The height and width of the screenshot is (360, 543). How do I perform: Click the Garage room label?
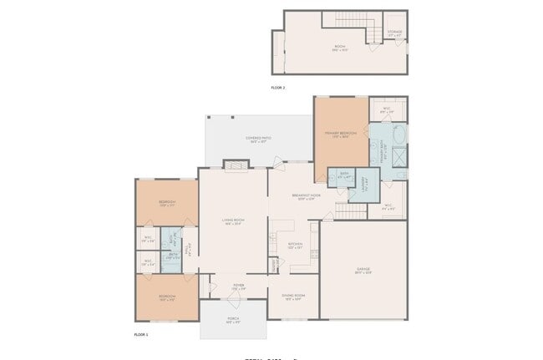(363, 269)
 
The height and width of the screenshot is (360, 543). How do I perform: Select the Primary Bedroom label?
(341, 134)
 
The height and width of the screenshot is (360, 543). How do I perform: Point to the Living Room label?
(232, 221)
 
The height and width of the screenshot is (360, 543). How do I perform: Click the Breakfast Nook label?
(307, 197)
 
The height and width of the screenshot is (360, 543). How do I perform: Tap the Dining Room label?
(292, 297)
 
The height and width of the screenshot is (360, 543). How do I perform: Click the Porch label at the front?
(232, 319)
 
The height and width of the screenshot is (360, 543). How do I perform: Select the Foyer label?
(238, 286)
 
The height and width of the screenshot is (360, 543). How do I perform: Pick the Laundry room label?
(363, 185)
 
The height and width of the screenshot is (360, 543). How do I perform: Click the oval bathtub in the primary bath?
(398, 135)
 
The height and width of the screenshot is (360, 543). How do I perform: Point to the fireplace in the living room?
(236, 166)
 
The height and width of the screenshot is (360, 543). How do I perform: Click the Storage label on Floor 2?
(395, 33)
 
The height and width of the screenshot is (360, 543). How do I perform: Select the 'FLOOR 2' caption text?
(278, 87)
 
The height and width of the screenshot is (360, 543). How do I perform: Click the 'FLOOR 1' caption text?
(141, 334)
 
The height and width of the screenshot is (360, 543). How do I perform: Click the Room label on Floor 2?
(340, 48)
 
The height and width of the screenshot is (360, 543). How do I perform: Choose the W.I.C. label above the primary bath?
(388, 109)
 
